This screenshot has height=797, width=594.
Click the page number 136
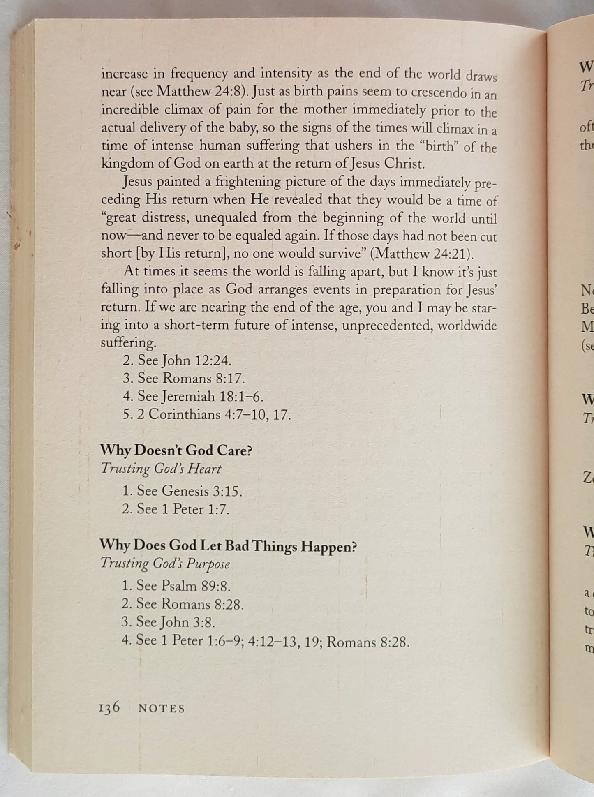point(109,707)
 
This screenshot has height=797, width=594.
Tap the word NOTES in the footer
point(162,708)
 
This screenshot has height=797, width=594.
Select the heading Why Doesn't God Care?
point(176,450)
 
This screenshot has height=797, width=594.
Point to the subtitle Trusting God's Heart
point(161,469)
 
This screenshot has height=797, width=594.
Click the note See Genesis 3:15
point(182,491)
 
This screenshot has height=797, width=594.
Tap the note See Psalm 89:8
point(176,586)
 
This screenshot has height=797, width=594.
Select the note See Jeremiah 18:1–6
point(192,396)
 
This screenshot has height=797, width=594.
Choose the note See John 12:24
point(177,360)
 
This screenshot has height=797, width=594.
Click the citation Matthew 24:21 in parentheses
point(421,254)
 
